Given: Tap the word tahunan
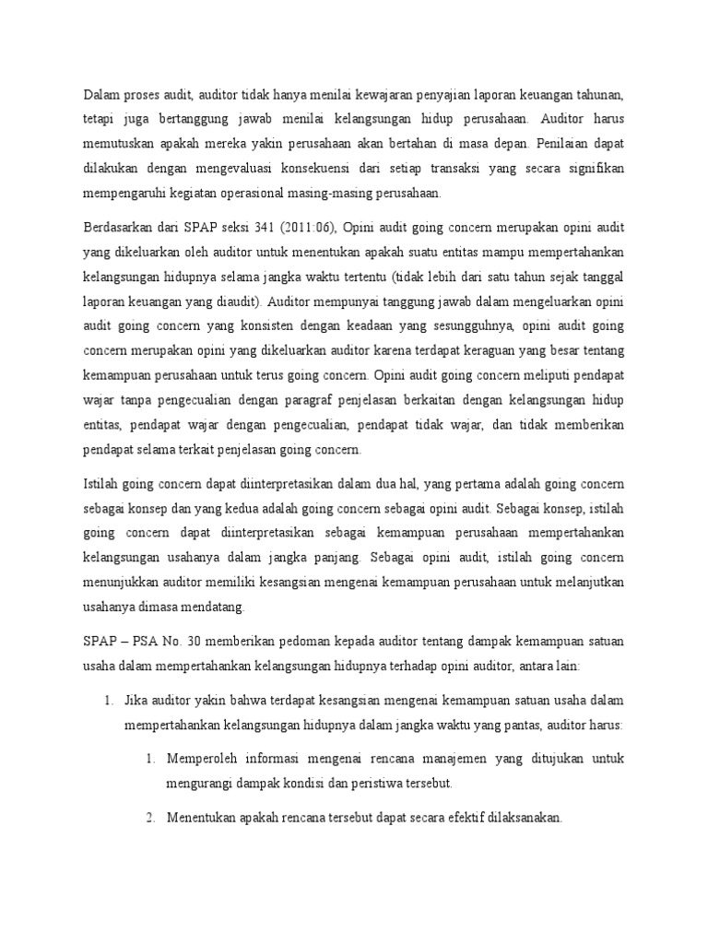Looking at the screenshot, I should pyautogui.click(x=597, y=94).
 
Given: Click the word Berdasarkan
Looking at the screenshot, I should pyautogui.click(x=119, y=228).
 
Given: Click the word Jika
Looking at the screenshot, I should pyautogui.click(x=136, y=700).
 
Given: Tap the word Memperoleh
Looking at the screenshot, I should pyautogui.click(x=204, y=759).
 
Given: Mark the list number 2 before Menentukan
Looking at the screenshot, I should pyautogui.click(x=150, y=818).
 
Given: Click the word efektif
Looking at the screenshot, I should pyautogui.click(x=458, y=818).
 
